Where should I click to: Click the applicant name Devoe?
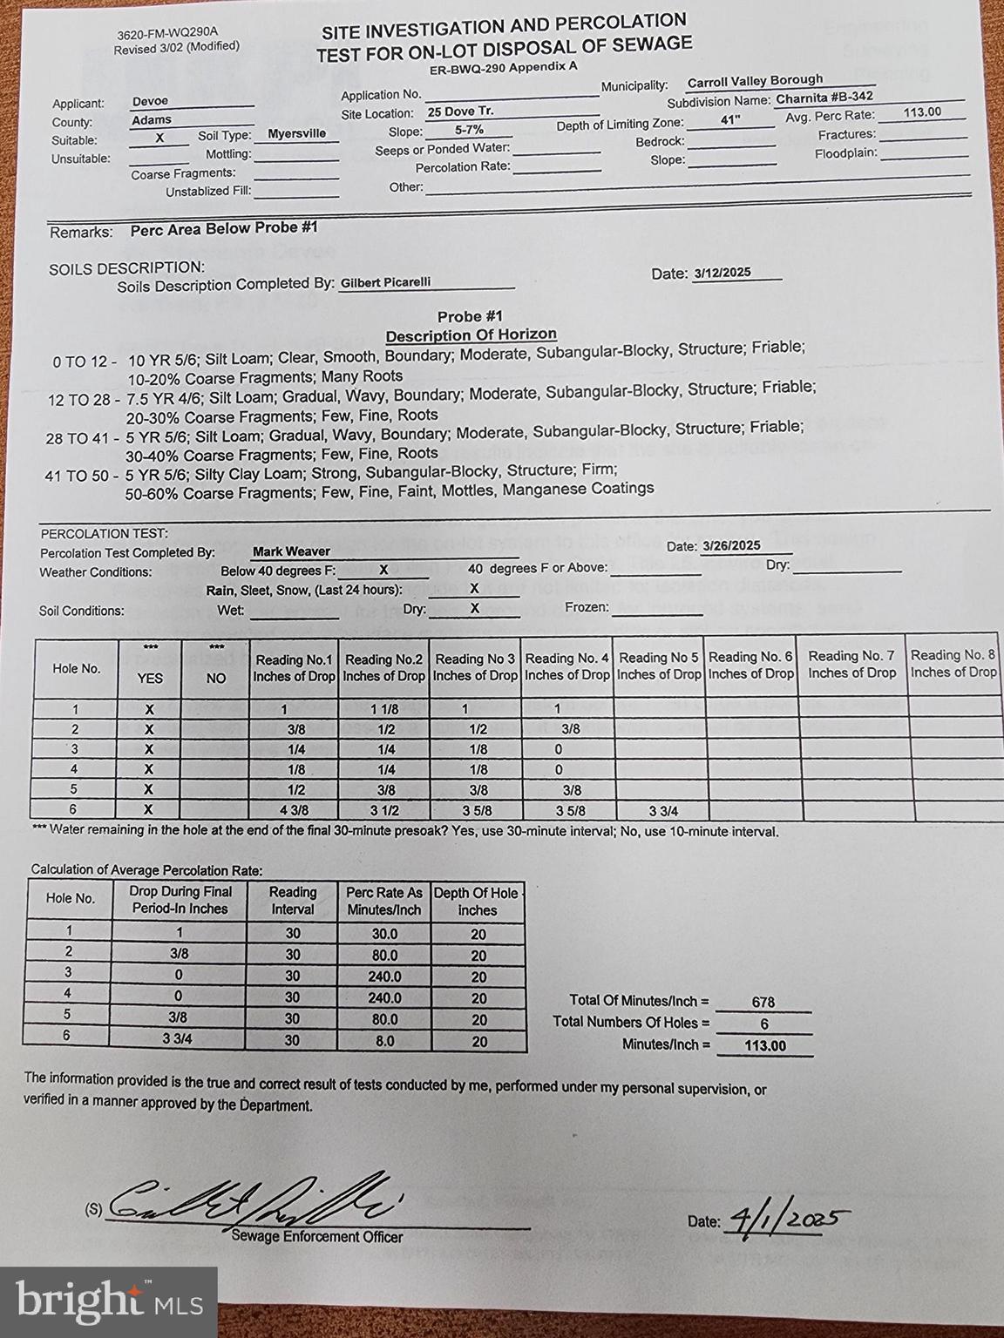coord(150,101)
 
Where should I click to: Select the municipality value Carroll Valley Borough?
coord(755,81)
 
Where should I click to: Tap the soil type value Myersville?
coord(296,133)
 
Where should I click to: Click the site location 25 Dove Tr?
coord(460,111)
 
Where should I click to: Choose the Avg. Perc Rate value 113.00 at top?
coord(922,111)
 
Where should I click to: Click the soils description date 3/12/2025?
coord(722,272)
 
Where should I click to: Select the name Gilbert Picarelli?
coord(385,282)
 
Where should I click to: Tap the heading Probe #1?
coord(470,316)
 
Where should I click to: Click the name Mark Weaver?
coord(291,551)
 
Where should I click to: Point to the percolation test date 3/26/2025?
coord(731,545)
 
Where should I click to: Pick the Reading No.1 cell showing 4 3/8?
coord(295,810)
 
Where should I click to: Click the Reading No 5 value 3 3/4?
coord(663,811)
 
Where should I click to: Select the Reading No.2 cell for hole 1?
coord(383,710)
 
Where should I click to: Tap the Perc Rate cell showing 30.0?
coord(384,933)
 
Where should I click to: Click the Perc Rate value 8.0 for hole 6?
coord(384,1040)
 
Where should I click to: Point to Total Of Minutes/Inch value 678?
coord(763,1002)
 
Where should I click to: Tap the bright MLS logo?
coord(108,1301)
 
